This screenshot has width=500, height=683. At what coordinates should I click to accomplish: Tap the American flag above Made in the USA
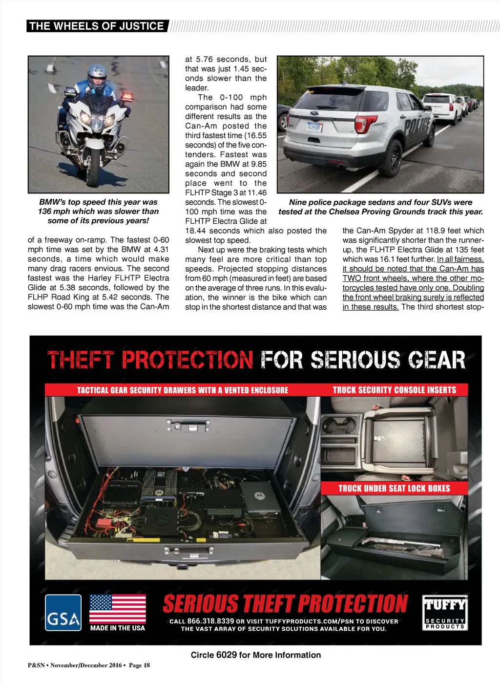coord(117,608)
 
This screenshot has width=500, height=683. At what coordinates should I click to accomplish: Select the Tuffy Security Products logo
coord(445,613)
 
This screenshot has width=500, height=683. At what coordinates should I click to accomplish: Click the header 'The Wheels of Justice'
coord(97,26)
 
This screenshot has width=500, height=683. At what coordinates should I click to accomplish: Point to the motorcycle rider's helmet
coord(97,75)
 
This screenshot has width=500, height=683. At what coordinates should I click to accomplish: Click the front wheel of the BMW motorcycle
coord(92,169)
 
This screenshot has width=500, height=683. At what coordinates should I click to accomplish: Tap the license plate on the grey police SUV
coord(314,127)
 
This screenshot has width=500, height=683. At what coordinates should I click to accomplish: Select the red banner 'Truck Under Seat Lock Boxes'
coord(394,488)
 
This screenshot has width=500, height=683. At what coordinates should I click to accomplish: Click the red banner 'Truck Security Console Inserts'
coord(394,390)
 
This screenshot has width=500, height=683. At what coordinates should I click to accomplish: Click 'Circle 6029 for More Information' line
coord(256,655)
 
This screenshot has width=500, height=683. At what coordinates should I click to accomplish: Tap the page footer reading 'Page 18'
coord(139,665)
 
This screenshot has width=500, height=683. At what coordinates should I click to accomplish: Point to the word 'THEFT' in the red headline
coord(81,360)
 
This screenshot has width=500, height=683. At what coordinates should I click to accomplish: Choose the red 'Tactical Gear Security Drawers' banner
coord(182,390)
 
